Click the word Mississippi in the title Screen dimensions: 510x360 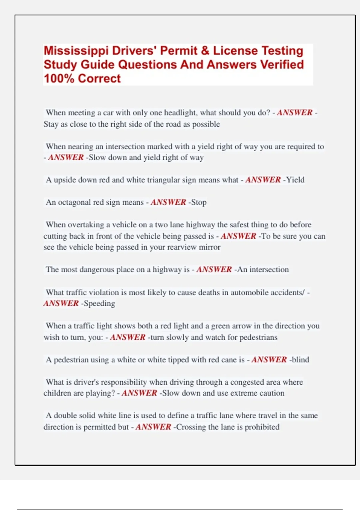tap(76, 51)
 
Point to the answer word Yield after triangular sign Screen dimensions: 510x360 tap(295, 180)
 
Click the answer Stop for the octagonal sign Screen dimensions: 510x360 tap(199, 202)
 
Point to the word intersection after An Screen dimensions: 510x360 tap(269, 270)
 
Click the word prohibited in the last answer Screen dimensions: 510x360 tap(262, 427)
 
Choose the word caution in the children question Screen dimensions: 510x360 tap(272, 393)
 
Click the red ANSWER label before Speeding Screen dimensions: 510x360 tap(61, 304)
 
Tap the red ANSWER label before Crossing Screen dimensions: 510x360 tap(153, 427)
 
